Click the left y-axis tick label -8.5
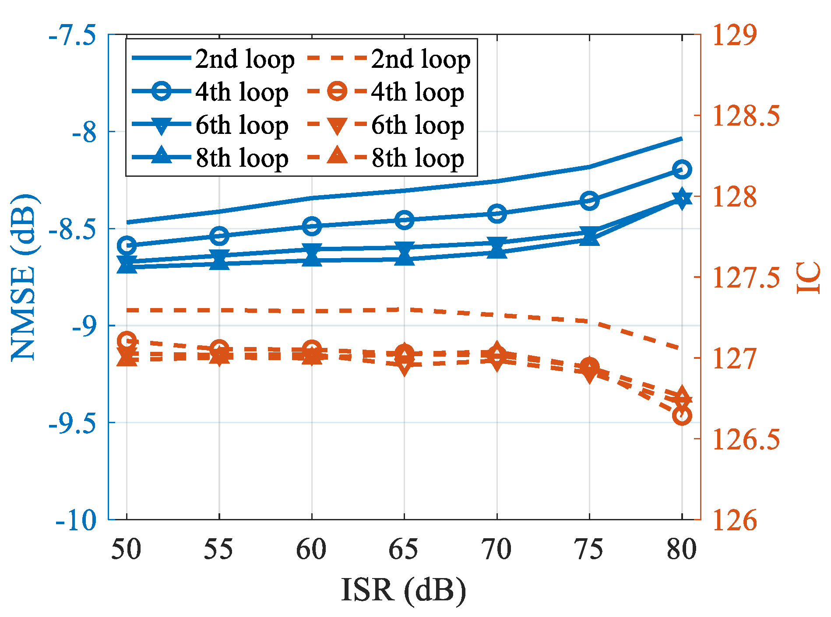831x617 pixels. coord(72,229)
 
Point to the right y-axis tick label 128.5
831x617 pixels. coord(746,116)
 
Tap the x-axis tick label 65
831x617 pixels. coord(404,549)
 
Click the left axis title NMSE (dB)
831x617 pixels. coord(24,277)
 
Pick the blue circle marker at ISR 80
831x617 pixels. coord(682,169)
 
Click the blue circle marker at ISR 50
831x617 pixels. coord(127,245)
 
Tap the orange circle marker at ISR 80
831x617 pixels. coord(682,416)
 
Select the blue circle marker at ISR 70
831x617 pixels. coord(497,214)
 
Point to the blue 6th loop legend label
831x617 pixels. coord(242,126)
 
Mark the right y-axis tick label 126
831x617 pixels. coord(735,520)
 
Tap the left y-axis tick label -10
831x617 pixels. coord(76,520)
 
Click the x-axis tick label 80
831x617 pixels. coord(682,549)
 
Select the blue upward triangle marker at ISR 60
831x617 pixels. coord(312,259)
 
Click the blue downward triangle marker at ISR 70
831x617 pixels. coord(497,244)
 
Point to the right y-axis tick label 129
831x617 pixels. coord(735,35)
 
